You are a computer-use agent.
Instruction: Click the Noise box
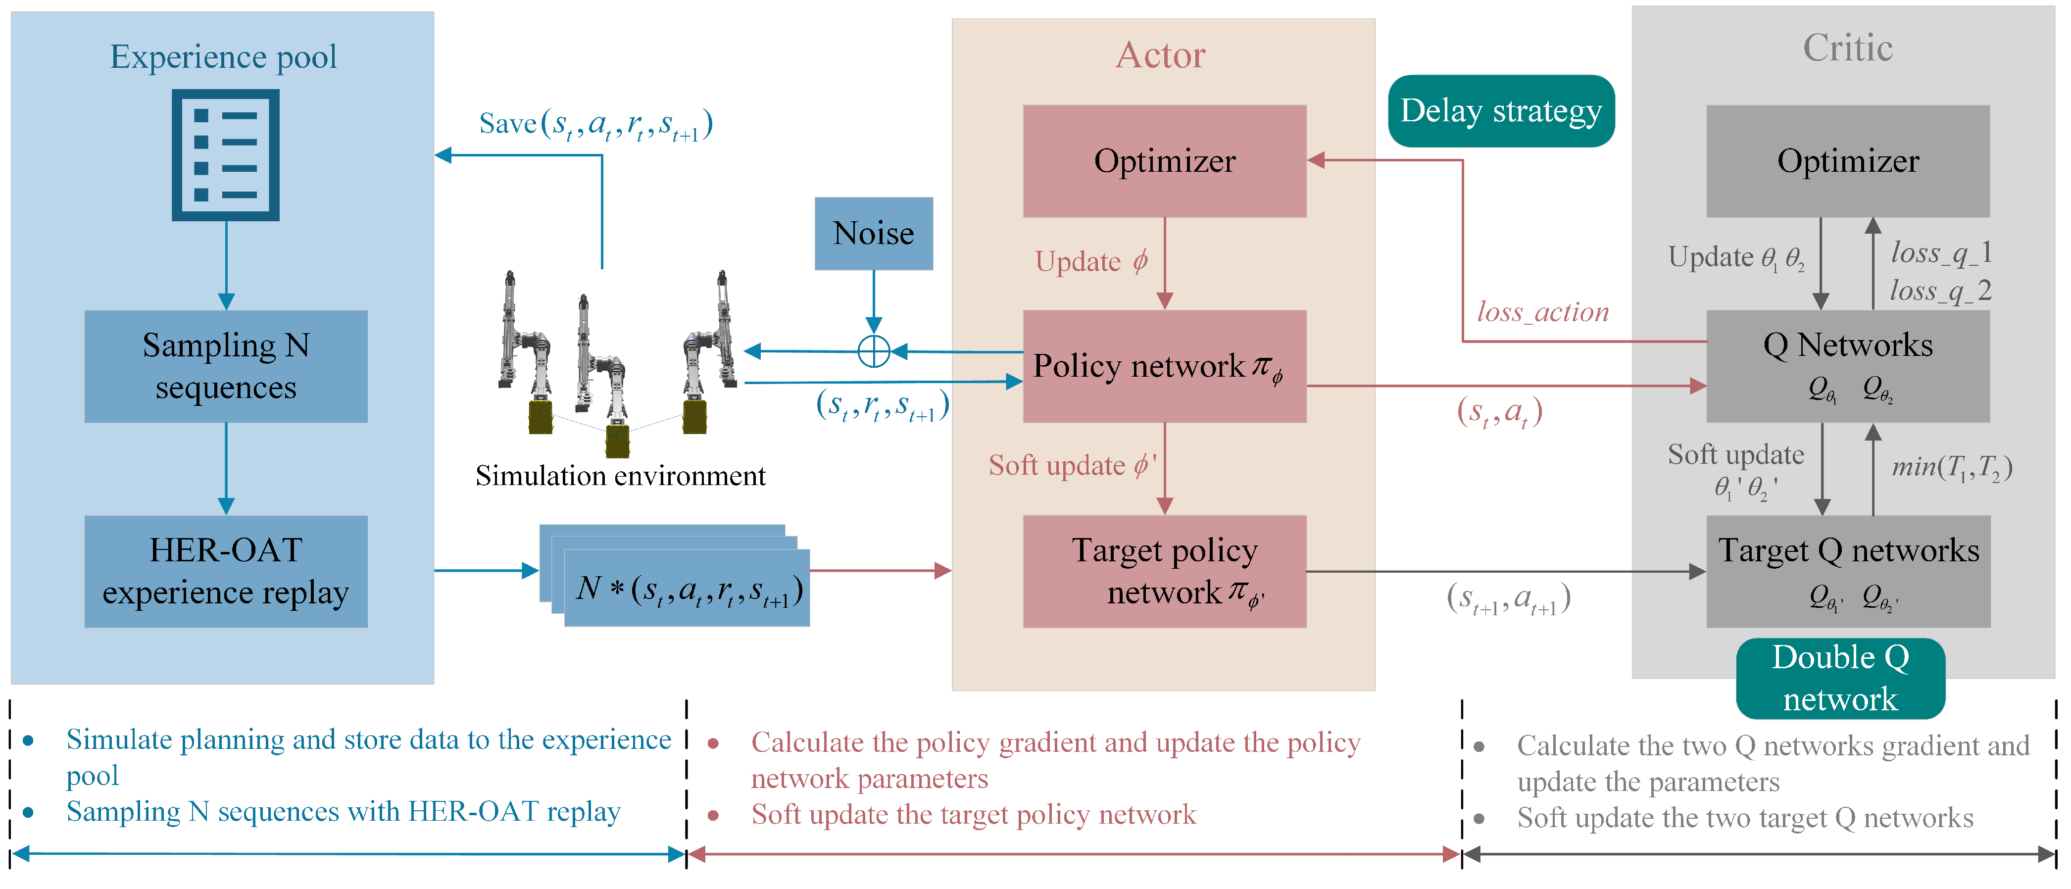click(874, 233)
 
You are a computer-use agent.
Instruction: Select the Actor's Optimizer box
click(1164, 161)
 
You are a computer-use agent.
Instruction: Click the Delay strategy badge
click(1501, 111)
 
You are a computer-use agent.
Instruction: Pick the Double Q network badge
click(1840, 679)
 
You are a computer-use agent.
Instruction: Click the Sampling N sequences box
click(226, 366)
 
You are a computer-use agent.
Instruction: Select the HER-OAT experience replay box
click(226, 572)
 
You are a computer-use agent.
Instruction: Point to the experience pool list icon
click(226, 155)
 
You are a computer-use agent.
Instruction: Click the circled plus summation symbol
click(874, 351)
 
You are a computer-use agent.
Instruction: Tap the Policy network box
click(1164, 366)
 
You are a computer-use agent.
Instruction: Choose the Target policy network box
click(1164, 572)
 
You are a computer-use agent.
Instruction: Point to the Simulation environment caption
click(620, 476)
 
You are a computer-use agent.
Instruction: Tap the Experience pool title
click(224, 56)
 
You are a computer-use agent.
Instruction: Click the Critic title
click(1847, 48)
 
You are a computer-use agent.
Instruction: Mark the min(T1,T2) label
click(1952, 467)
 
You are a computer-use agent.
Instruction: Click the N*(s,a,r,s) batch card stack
click(675, 576)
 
